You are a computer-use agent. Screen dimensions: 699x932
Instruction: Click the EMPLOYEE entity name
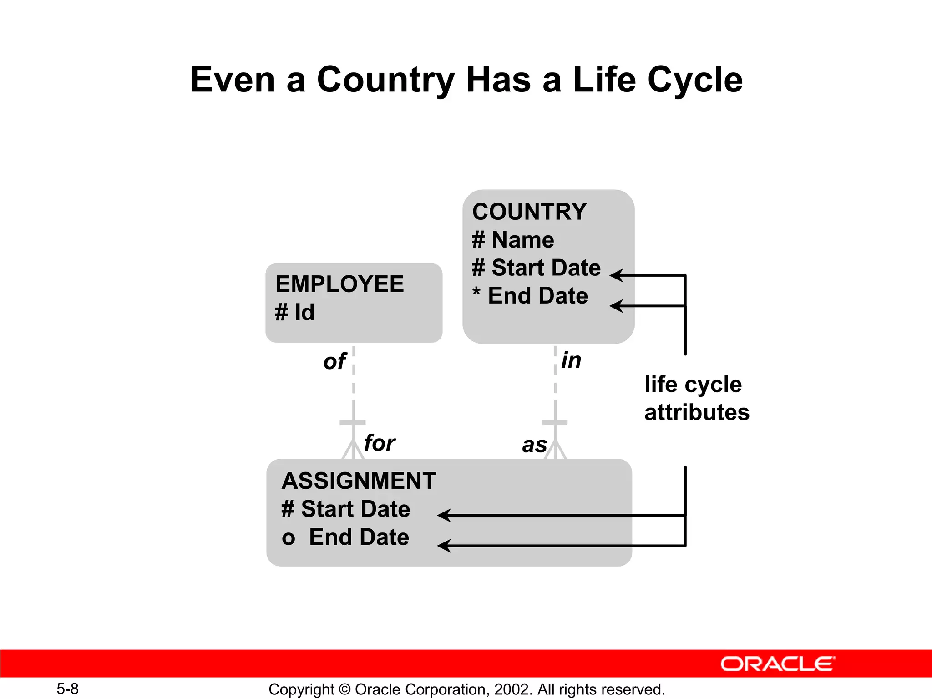click(x=339, y=284)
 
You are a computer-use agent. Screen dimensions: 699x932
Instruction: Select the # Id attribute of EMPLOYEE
click(x=295, y=313)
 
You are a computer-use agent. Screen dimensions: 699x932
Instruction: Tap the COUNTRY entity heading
click(x=529, y=212)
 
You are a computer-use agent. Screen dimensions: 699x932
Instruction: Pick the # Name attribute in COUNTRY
click(x=513, y=240)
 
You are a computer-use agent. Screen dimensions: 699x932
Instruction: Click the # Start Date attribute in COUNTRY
click(x=536, y=268)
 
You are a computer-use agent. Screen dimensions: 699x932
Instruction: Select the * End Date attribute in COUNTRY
click(x=530, y=296)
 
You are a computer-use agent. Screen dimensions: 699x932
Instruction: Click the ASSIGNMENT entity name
click(x=359, y=481)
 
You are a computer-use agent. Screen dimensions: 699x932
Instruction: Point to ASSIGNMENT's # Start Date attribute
click(x=346, y=509)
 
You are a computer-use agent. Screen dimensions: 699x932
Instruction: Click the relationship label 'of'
click(x=334, y=362)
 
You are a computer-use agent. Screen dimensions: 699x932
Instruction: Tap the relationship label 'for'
click(x=379, y=443)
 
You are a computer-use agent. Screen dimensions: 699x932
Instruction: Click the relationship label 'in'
click(x=571, y=360)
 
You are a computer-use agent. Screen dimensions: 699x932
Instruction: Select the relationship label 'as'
click(x=534, y=446)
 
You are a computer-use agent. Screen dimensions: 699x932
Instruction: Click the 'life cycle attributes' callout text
click(x=696, y=398)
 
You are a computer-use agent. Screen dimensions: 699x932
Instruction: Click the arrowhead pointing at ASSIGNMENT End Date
click(x=443, y=546)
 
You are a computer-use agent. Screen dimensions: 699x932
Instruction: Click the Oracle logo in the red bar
click(x=777, y=664)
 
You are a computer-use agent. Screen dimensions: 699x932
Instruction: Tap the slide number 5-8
click(x=67, y=689)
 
